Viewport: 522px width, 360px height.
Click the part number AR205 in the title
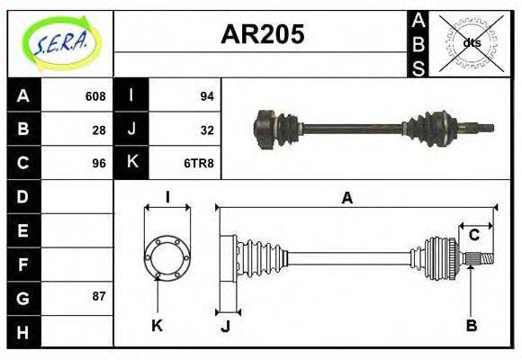tap(262, 34)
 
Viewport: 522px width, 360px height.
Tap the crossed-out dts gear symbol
tap(472, 42)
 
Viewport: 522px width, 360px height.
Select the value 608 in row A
tap(94, 96)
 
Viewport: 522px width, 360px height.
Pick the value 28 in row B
tap(98, 130)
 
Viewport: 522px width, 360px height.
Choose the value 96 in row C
tap(98, 163)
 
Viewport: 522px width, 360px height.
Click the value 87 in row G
tap(98, 296)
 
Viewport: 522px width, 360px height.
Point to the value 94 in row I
tap(206, 96)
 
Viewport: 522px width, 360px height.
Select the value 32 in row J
tap(206, 130)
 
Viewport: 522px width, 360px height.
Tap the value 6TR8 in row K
tap(201, 163)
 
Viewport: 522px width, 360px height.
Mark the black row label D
tap(23, 196)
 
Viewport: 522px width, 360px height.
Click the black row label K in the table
tap(131, 163)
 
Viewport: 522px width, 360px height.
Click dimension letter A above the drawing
tap(346, 198)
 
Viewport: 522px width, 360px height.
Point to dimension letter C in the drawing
tap(473, 236)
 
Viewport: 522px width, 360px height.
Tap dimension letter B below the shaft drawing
tap(471, 325)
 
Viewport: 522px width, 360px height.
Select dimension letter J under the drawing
tap(226, 327)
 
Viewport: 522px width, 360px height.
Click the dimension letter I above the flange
tap(167, 197)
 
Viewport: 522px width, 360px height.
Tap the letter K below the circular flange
tap(157, 326)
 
